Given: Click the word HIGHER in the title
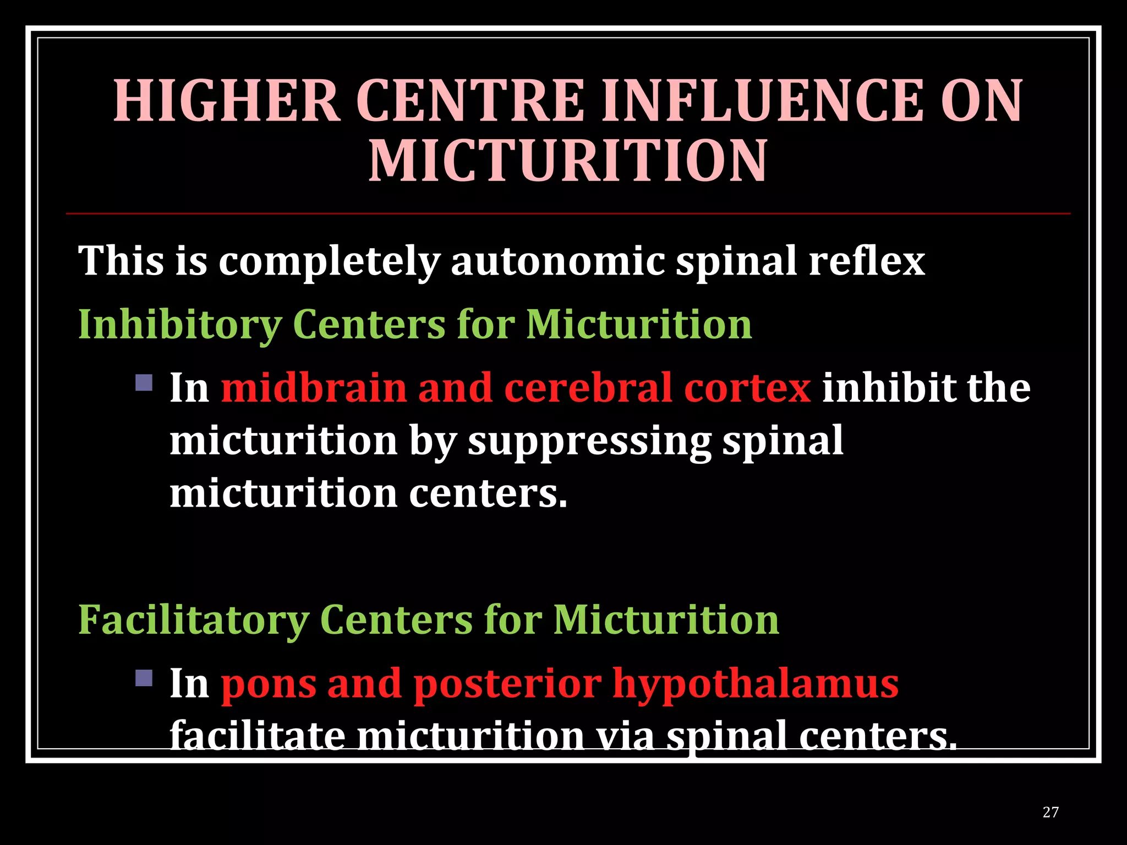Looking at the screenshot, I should tap(227, 101).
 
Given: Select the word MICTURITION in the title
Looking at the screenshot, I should tap(567, 161).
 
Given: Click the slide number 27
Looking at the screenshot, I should tap(1050, 812).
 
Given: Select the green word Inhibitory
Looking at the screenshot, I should tap(179, 325).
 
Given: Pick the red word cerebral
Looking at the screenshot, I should tap(588, 388).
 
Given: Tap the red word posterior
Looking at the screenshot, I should tap(507, 684).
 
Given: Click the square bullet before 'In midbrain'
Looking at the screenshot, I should tap(144, 382).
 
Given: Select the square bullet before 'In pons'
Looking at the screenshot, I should tap(144, 678).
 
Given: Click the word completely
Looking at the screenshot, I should tap(329, 261).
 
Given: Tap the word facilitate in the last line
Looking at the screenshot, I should tap(258, 736).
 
